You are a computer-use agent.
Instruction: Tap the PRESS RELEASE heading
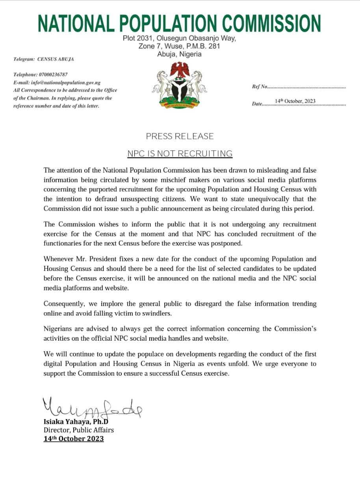pyautogui.click(x=180, y=136)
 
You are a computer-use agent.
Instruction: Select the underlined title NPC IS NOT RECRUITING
pyautogui.click(x=180, y=154)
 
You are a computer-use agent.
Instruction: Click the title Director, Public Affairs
pyautogui.click(x=78, y=430)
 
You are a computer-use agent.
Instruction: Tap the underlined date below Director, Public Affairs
pyautogui.click(x=74, y=439)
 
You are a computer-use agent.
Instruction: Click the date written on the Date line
pyautogui.click(x=295, y=101)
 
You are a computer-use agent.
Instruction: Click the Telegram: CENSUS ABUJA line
pyautogui.click(x=43, y=59)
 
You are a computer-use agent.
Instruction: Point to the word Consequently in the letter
pyautogui.click(x=64, y=304)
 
